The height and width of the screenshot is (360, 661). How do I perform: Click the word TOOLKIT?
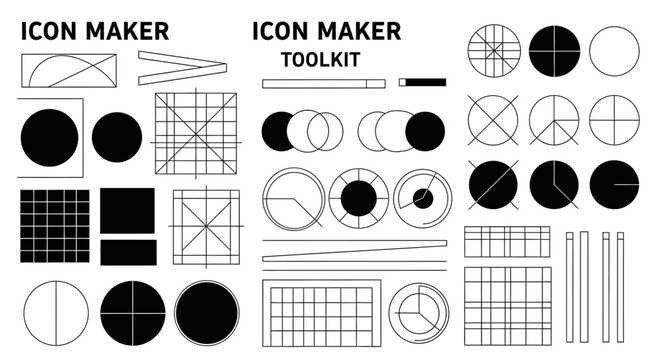[320, 59]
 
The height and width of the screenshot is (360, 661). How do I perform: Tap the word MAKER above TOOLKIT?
[359, 31]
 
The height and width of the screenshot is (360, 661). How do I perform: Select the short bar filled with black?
[422, 82]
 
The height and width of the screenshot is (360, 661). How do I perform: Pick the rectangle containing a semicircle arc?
[69, 70]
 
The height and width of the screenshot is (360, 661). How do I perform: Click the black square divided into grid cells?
[55, 226]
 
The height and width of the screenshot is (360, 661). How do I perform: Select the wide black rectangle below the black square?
[128, 253]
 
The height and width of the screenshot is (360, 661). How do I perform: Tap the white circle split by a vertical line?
[56, 314]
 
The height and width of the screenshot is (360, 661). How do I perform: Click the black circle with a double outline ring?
[207, 313]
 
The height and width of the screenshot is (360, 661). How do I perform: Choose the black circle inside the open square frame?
[49, 137]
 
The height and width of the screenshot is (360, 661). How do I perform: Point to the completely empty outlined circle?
[614, 51]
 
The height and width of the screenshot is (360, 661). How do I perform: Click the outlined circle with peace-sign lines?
[554, 120]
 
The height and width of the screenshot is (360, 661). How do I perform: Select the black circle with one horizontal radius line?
[614, 185]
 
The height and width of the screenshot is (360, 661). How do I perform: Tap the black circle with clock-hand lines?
[554, 185]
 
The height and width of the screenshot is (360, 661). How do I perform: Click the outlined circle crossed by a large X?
[493, 120]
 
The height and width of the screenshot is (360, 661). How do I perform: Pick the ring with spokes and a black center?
[359, 198]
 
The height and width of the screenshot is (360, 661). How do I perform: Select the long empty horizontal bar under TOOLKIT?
[324, 83]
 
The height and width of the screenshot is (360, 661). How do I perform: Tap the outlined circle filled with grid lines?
[494, 51]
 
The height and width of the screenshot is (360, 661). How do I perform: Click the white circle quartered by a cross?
[614, 120]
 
